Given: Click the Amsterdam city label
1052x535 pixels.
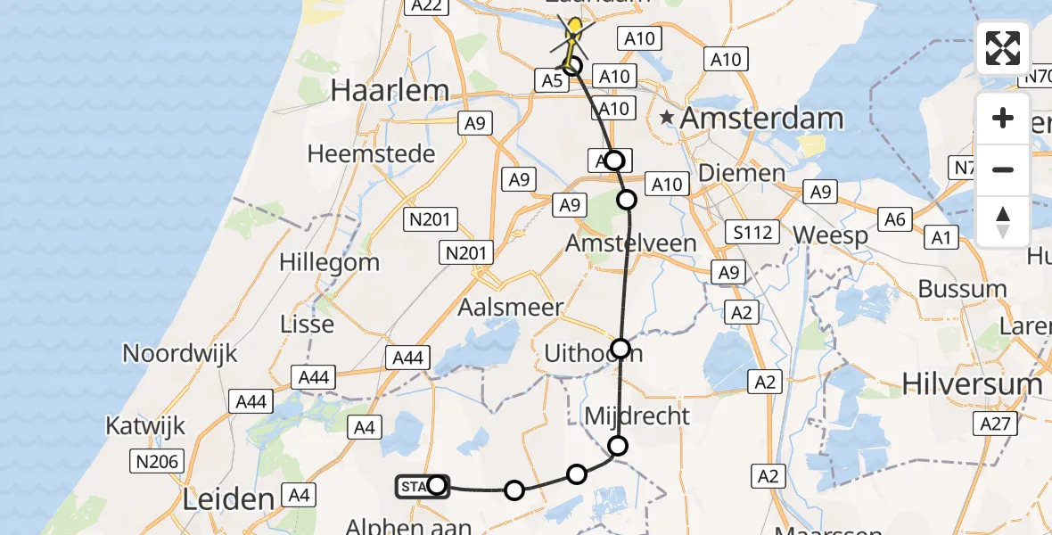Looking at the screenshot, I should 762,118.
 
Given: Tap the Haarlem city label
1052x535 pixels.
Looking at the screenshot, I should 389,89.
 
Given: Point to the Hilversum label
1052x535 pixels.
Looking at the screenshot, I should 972,383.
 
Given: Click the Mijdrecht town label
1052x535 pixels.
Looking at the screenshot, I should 637,416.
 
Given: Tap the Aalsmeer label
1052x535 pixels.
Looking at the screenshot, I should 510,308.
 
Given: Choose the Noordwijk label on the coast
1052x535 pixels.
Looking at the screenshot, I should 180,353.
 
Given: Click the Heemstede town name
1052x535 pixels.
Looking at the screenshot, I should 371,153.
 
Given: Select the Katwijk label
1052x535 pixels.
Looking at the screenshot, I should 145,425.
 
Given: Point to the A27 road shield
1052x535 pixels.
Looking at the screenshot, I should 995,424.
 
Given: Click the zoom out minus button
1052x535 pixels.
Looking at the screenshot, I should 1003,169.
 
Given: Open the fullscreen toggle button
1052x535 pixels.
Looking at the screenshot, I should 1003,48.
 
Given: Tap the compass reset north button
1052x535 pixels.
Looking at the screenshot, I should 1003,221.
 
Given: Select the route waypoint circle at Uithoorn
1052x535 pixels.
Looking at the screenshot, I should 621,349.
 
